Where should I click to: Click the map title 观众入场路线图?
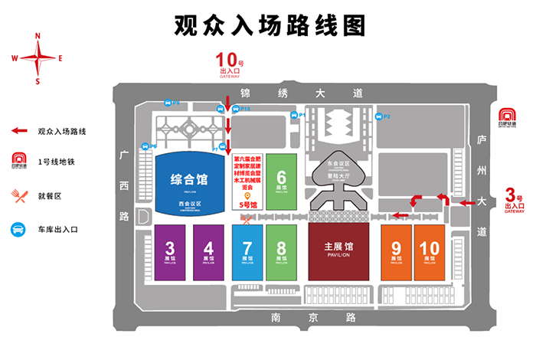pos(268,25)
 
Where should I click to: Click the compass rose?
pos(37,57)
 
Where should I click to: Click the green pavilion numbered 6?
pos(281,181)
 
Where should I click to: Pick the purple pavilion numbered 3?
pos(170,252)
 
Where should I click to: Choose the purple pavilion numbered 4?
pos(208,252)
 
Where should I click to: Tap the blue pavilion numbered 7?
pos(247,252)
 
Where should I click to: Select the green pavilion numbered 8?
pos(281,252)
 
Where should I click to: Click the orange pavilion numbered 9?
pos(396,252)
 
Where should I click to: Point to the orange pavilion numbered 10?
pos(430,252)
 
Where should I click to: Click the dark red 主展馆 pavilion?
pos(338,252)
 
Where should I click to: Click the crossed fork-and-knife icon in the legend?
pos(18,195)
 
